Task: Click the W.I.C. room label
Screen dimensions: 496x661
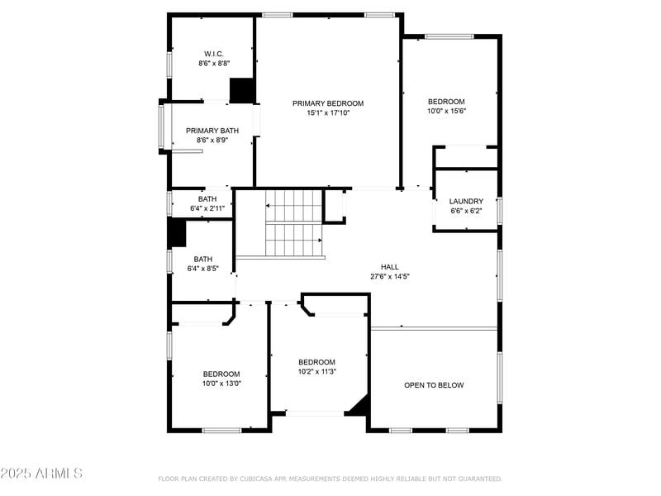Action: (214, 54)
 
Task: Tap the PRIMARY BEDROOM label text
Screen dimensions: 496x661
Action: (328, 103)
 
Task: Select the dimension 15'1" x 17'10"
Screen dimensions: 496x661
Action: (328, 112)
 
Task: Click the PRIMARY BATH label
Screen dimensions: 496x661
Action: (212, 131)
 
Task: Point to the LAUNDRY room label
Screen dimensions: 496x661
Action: (466, 201)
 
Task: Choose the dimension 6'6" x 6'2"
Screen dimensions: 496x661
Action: (466, 210)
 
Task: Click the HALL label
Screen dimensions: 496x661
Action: (390, 267)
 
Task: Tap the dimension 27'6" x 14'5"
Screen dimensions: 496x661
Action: (390, 276)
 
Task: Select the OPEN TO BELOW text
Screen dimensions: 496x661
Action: (434, 385)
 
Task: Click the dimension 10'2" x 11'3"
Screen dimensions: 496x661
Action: (317, 371)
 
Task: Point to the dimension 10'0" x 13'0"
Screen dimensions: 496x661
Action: (221, 383)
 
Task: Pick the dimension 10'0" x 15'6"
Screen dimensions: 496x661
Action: (446, 111)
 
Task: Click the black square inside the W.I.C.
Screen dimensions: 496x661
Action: (241, 90)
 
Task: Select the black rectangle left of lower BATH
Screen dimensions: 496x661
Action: (177, 232)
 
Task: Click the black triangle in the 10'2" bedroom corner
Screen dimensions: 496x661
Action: (359, 405)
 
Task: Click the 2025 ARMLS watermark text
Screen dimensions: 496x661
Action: (41, 474)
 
